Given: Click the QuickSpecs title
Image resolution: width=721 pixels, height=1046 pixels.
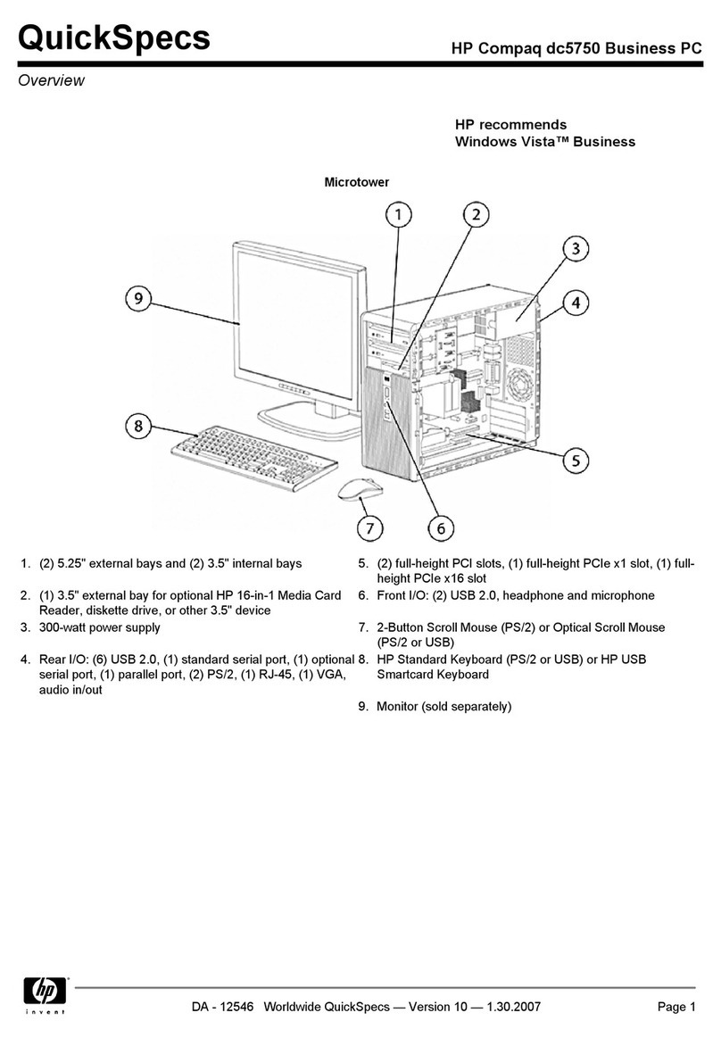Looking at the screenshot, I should click(115, 39).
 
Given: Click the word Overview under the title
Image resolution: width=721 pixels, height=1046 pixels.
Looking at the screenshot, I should click(52, 81).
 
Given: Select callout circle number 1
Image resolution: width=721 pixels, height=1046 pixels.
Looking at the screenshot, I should click(400, 215).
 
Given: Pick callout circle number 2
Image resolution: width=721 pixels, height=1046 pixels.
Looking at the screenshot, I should click(477, 215).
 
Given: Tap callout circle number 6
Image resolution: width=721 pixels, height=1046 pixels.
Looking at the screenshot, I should click(441, 528).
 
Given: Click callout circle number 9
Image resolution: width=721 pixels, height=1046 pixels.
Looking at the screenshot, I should click(138, 298).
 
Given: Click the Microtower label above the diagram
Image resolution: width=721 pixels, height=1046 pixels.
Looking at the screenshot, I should click(356, 182).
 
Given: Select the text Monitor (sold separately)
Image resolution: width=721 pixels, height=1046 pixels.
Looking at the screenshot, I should click(443, 707).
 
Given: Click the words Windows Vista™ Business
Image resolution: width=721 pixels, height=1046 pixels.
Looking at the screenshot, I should click(544, 142).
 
